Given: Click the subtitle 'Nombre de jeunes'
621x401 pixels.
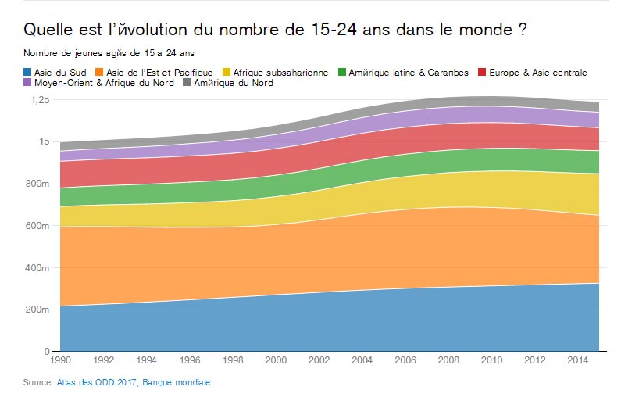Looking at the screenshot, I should pos(109,54).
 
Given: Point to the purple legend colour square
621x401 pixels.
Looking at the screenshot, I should pos(27,83).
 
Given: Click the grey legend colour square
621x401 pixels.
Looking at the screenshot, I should pos(188,83).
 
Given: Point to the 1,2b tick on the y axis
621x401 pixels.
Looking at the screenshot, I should pos(41,100).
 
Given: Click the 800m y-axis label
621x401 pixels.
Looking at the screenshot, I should pos(39,184).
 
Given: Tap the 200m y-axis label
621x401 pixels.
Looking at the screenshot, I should pos(39,310).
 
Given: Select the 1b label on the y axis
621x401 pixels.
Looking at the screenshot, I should pos(45,142).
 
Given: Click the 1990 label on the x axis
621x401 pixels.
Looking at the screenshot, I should pos(60,363).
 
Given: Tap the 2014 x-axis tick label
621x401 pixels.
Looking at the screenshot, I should pos(578,363).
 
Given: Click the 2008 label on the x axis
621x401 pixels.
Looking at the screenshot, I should pos(448,363).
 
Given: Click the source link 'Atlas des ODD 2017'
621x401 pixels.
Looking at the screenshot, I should pos(97,382).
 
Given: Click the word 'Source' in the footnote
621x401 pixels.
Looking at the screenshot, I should pos(37,382).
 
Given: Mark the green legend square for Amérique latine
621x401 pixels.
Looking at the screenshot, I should pos(342,73).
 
